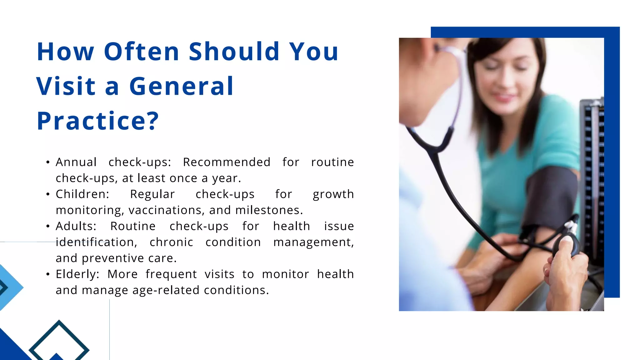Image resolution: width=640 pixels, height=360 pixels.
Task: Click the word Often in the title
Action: coord(141,52)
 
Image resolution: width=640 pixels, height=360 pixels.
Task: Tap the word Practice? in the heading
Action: coord(98,121)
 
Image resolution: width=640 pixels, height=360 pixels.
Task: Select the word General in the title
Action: coord(181,86)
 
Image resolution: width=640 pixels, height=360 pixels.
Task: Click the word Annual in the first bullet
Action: coord(76,162)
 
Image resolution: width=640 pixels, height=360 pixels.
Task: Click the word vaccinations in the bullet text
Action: coord(167,210)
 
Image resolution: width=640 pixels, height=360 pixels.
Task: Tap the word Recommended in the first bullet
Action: coord(227,162)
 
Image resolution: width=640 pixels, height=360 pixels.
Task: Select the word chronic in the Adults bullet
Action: coord(171,242)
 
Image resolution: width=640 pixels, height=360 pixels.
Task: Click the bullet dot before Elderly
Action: coord(48,274)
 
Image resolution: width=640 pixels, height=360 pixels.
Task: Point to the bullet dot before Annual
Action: coord(48,162)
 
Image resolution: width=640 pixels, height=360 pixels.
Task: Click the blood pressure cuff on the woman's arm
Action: coord(550,197)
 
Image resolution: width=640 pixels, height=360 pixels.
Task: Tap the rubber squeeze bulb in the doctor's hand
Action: coord(566,247)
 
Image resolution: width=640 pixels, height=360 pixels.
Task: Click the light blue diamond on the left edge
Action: coord(9,287)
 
